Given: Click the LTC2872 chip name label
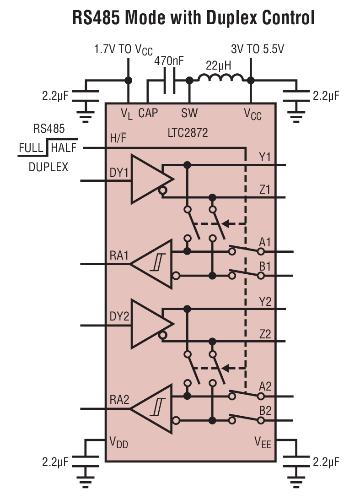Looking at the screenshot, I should (x=187, y=133).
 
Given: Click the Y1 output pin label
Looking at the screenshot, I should (x=265, y=158).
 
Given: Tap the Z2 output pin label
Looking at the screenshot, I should (x=265, y=334).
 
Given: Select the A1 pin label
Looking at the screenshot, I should (x=265, y=242).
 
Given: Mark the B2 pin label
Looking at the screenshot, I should (x=265, y=410).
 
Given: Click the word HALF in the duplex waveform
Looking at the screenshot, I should (x=64, y=148).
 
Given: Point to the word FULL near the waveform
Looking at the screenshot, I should (x=32, y=148).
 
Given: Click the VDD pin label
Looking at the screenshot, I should (x=118, y=442).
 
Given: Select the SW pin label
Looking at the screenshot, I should (x=189, y=113).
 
